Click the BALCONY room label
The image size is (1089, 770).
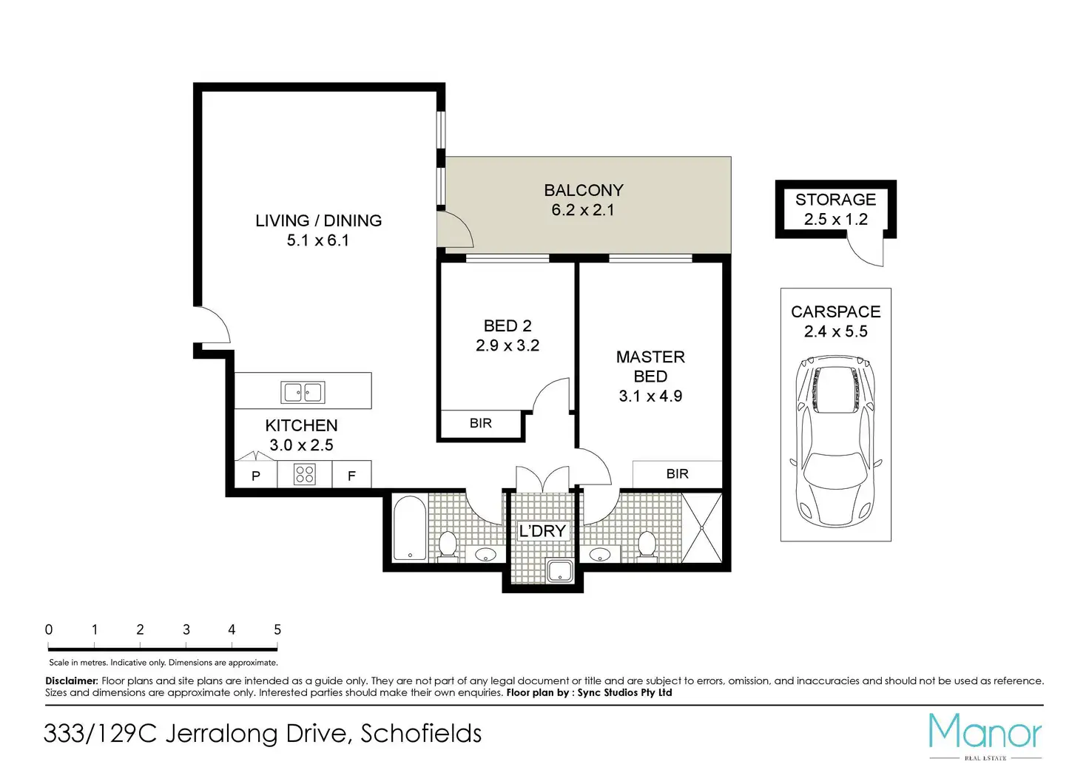pos(584,190)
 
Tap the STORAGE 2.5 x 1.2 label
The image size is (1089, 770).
pos(835,209)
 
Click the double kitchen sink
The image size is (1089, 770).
pos(303,392)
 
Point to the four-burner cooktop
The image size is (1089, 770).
pos(304,474)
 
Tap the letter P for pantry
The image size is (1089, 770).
pos(256,476)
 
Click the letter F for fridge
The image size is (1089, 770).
pos(351,476)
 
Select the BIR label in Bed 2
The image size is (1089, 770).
pos(480,423)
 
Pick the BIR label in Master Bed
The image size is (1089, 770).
pos(677,474)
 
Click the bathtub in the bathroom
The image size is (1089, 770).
pos(410,528)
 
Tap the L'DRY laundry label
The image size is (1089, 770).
pos(542,531)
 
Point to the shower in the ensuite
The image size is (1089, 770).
pos(702,527)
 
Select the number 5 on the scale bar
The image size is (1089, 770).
pos(277,630)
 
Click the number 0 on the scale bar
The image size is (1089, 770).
pos(49,630)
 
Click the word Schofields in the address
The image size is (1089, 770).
pos(421,734)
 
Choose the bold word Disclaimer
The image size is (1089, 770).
pos(72,681)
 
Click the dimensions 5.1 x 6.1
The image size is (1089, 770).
pos(318,240)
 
